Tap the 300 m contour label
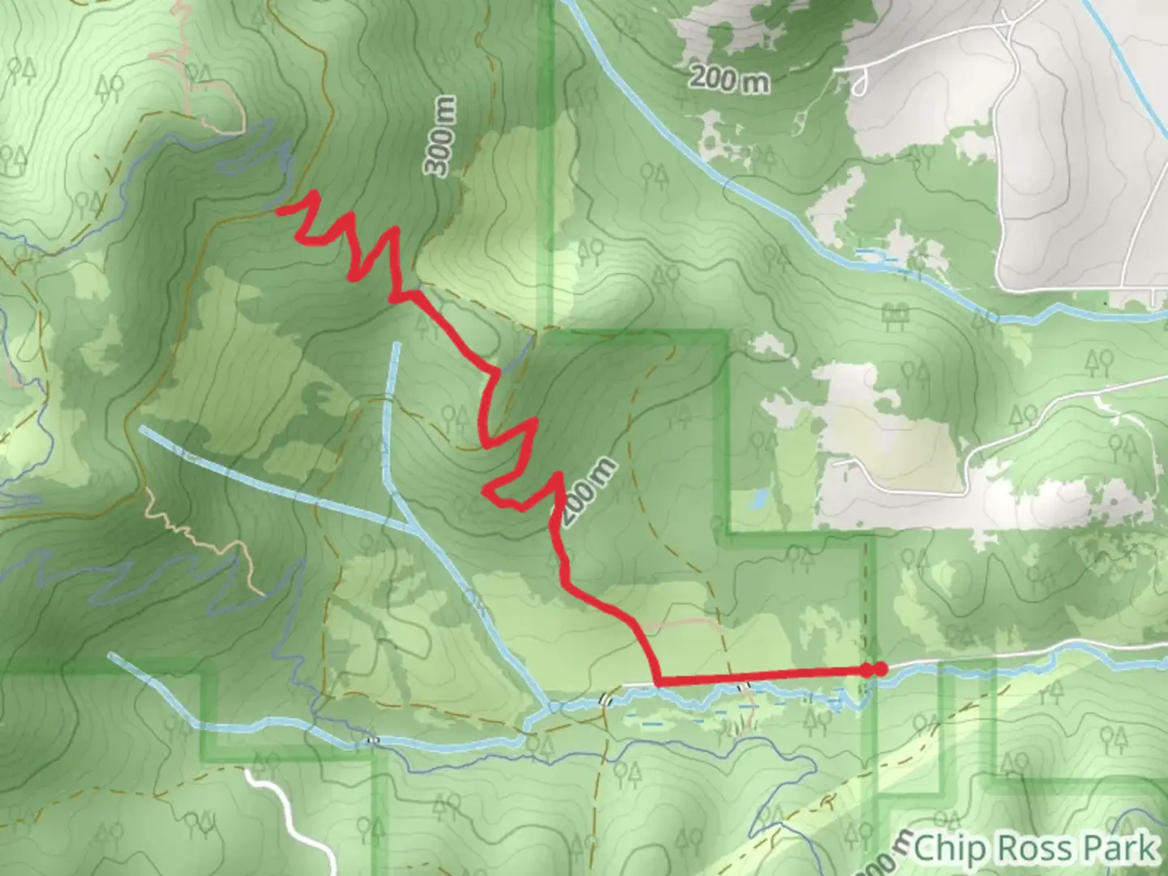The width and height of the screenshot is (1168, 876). pyautogui.click(x=441, y=135)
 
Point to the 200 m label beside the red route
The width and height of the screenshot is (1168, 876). pyautogui.click(x=588, y=492)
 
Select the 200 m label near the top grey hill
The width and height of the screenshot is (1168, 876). pyautogui.click(x=729, y=79)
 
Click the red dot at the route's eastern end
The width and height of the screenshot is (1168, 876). pyautogui.click(x=879, y=669)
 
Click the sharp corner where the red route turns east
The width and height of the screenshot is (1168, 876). pyautogui.click(x=656, y=682)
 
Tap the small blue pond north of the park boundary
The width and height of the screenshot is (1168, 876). pyautogui.click(x=760, y=498)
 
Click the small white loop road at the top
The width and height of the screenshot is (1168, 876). pyautogui.click(x=860, y=81)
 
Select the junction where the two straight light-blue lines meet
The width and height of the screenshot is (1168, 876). pyautogui.click(x=413, y=527)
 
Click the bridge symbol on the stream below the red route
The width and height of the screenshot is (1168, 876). pyautogui.click(x=742, y=687)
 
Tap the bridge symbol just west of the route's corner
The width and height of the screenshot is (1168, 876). pyautogui.click(x=604, y=699)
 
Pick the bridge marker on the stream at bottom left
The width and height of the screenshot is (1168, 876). pyautogui.click(x=372, y=740)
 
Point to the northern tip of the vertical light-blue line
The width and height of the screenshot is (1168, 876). pyautogui.click(x=397, y=346)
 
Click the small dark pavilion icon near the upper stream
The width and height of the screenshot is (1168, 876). pyautogui.click(x=895, y=311)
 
